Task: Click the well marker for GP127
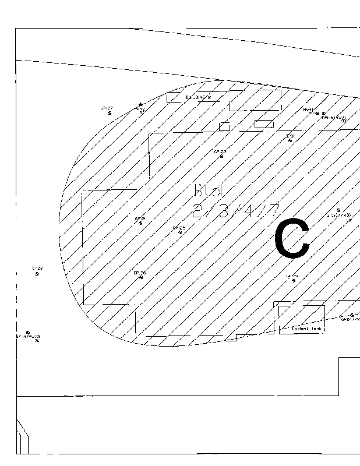tap(110, 113)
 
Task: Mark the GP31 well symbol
tap(290, 140)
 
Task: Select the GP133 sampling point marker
tap(221, 156)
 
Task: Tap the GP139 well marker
tap(140, 224)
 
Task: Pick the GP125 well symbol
tap(180, 232)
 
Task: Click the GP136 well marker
tap(140, 277)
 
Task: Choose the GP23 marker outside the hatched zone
tap(37, 275)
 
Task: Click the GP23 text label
tap(37, 269)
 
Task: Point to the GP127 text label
tap(107, 108)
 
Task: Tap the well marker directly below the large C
tap(293, 281)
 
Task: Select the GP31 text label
tap(290, 135)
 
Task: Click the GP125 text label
tap(179, 228)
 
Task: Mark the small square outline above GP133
tap(224, 126)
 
